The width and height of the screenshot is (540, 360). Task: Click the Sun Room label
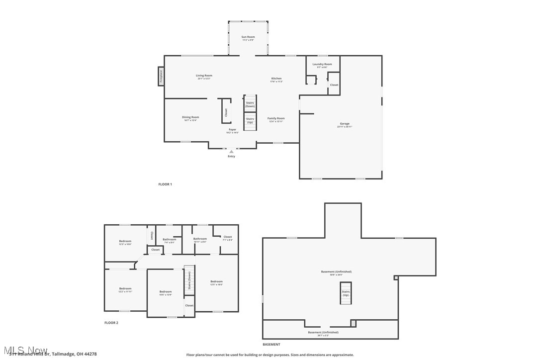[x=248, y=37]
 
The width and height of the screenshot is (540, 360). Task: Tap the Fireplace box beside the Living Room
[x=161, y=76]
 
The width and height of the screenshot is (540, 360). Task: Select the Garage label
[x=345, y=124]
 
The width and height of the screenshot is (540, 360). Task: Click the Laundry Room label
[x=322, y=64]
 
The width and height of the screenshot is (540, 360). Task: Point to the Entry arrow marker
[x=231, y=152]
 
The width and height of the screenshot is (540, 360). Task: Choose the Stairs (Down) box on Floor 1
[x=250, y=104]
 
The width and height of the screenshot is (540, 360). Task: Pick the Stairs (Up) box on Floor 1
[x=250, y=120]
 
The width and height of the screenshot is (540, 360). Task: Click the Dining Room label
[x=190, y=117]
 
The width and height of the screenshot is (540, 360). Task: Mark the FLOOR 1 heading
[x=165, y=184]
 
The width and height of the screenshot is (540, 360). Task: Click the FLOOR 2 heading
[x=111, y=323]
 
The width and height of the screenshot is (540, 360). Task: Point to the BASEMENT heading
[x=271, y=344]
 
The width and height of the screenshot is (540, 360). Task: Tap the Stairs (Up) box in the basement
[x=346, y=293]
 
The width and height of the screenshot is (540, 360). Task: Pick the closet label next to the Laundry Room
[x=334, y=85]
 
